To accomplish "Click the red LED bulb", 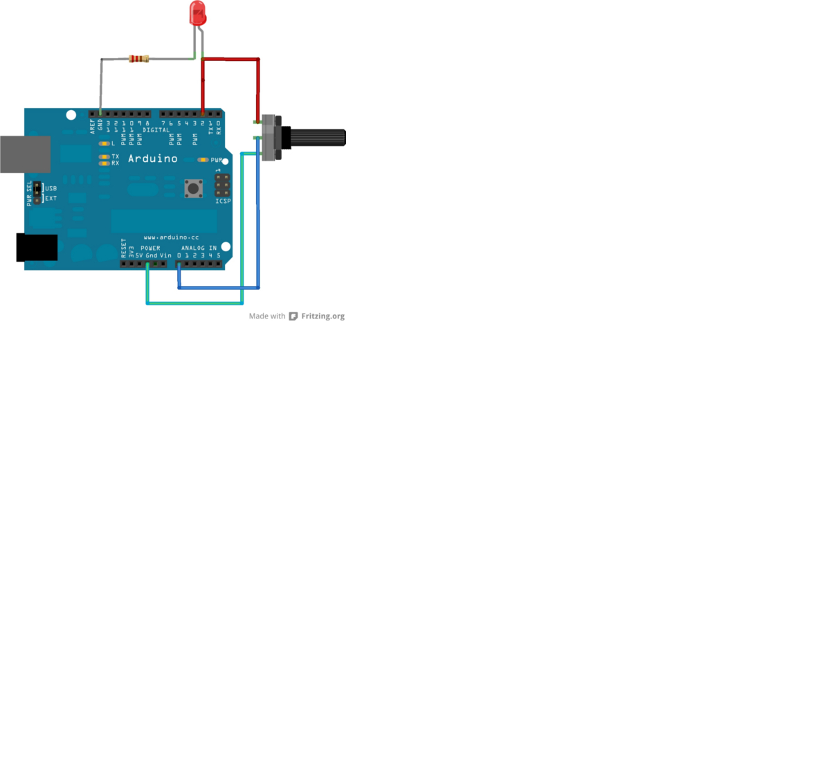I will coord(197,13).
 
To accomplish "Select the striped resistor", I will coord(138,59).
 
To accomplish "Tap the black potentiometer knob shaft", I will coord(317,137).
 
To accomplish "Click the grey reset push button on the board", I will coord(194,188).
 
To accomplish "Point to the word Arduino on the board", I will coord(153,159).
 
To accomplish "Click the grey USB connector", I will coord(25,154).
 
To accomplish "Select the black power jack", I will coord(37,247).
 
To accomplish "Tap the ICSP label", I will coord(223,201).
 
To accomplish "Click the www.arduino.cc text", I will coord(171,237).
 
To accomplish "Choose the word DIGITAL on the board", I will coord(156,130).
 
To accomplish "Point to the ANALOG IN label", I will coord(199,248).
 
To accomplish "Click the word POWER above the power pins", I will coord(150,248).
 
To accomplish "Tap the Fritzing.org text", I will coord(322,316).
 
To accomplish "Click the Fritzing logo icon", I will coord(293,316).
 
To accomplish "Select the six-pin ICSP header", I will coord(222,184).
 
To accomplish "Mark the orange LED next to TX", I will coord(104,157).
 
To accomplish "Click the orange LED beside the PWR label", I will coord(203,160).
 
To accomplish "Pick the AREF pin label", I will coord(92,125).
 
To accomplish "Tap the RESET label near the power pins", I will coord(124,248).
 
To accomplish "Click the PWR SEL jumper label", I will coord(29,193).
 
